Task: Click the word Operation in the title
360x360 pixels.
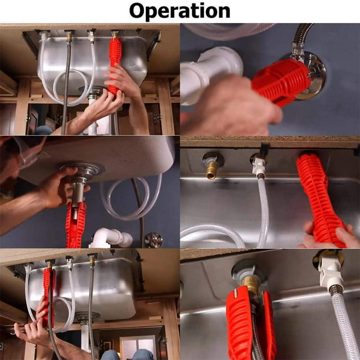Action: tap(179, 11)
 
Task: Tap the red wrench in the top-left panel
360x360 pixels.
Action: tap(114, 62)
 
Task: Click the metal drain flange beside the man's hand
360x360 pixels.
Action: tap(82, 172)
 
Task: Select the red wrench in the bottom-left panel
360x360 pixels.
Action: tap(48, 294)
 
